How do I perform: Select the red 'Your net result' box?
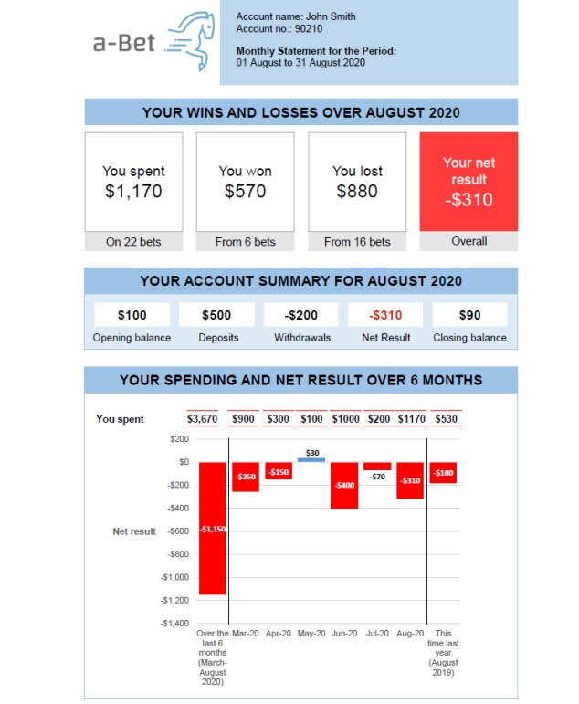(468, 181)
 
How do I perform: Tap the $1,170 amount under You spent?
(133, 192)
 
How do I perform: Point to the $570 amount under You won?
(245, 192)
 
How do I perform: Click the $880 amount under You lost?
(357, 192)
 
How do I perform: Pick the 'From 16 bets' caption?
(357, 242)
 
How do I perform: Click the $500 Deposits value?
(216, 315)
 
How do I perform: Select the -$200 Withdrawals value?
(301, 315)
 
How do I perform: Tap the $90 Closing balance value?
(469, 315)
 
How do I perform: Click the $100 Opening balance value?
(132, 315)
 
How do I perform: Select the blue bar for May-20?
(311, 459)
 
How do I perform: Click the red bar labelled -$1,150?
(212, 528)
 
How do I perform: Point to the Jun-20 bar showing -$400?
(344, 485)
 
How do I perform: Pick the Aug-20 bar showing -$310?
(409, 480)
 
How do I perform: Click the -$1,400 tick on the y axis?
(174, 624)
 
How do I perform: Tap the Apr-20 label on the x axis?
(279, 633)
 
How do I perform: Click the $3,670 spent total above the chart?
(202, 419)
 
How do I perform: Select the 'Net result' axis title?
(134, 531)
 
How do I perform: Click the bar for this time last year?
(443, 472)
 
